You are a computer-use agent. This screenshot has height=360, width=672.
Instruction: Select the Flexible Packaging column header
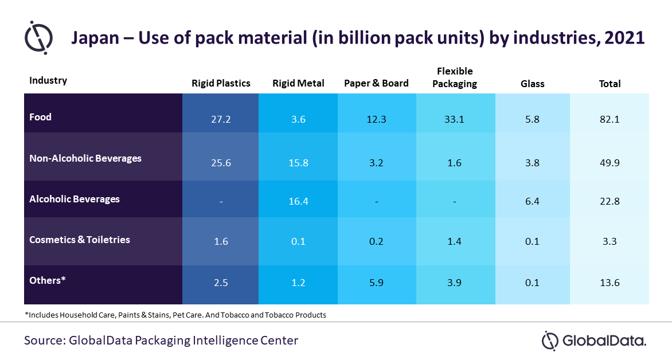pos(455,77)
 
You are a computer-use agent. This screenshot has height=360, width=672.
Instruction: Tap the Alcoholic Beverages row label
pos(75,199)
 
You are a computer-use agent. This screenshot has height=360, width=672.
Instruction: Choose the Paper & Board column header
pos(376,83)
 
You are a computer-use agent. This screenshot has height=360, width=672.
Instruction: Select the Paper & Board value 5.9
pos(376,283)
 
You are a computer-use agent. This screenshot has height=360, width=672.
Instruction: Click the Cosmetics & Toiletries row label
pos(80,240)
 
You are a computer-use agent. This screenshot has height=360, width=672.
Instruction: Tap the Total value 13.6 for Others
pos(610,283)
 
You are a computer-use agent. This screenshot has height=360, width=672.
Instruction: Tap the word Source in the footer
pos(44,341)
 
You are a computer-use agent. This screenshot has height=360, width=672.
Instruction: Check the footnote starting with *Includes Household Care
pos(175,315)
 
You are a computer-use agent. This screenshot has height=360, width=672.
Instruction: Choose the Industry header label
pos(48,80)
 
